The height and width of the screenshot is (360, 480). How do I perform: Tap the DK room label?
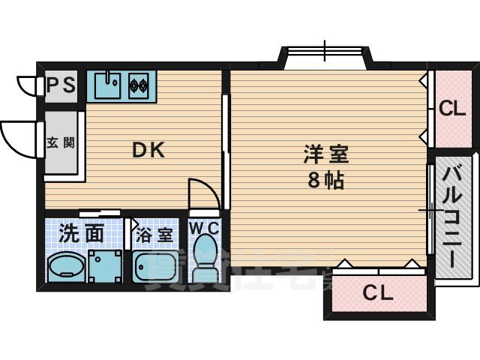coord(148,149)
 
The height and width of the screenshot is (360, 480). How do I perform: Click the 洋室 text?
coord(325,155)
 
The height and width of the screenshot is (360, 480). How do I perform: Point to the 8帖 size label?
coord(325,181)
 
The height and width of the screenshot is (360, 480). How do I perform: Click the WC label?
coord(202,227)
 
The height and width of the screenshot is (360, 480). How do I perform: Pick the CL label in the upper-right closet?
coord(451,109)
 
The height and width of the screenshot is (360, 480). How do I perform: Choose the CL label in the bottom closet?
coord(378,293)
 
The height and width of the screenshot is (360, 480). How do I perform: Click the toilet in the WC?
coord(203,259)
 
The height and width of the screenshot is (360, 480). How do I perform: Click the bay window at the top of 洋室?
coord(325,57)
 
